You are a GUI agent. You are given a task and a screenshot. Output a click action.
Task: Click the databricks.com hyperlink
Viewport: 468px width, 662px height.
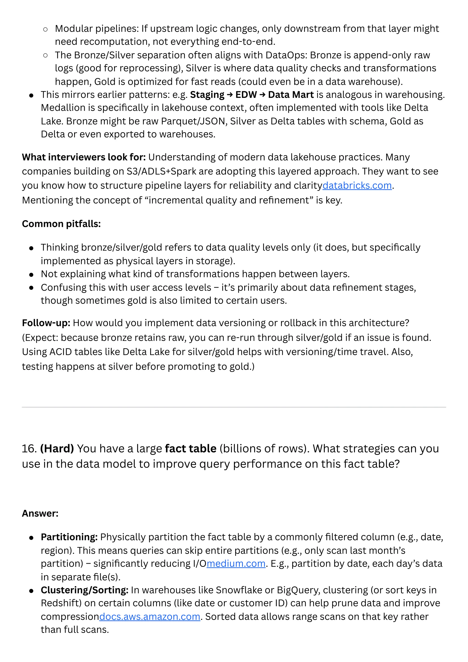point(357,185)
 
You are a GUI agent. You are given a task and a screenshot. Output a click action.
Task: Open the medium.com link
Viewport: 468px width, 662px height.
point(236,563)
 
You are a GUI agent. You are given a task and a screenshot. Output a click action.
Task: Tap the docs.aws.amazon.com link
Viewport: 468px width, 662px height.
point(150,616)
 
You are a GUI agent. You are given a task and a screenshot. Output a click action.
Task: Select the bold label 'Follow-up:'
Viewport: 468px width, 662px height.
point(46,323)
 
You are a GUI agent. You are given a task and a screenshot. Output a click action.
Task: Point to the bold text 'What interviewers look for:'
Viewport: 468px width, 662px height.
point(84,157)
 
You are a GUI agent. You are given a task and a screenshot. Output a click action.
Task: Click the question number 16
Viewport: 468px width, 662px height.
point(29,449)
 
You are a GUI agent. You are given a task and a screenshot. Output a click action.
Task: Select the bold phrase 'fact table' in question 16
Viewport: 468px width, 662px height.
point(191,449)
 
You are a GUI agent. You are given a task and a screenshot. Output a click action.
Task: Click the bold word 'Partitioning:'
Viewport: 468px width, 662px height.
point(69,537)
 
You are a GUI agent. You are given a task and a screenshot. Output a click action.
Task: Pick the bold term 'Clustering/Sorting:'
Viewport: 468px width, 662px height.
point(84,590)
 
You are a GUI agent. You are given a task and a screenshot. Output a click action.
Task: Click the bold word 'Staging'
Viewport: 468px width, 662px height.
point(207,95)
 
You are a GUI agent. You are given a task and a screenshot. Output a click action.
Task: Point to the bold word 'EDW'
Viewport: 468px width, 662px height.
point(246,95)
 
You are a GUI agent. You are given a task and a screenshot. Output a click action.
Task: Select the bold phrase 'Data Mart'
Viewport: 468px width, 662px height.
point(291,95)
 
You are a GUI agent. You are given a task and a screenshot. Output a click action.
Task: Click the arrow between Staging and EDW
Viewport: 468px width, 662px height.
point(230,95)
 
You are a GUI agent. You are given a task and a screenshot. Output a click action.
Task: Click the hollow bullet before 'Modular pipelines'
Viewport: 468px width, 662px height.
point(45,29)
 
